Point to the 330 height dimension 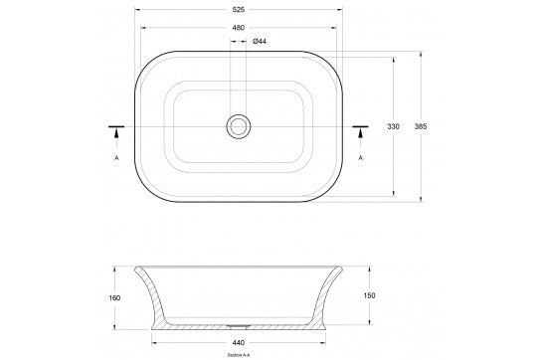click(393, 127)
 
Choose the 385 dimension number click(421, 127)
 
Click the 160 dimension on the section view click(115, 297)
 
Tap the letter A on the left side click(116, 157)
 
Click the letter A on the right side click(360, 157)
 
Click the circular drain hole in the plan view click(239, 125)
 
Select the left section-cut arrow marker click(116, 130)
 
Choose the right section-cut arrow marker click(360, 130)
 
